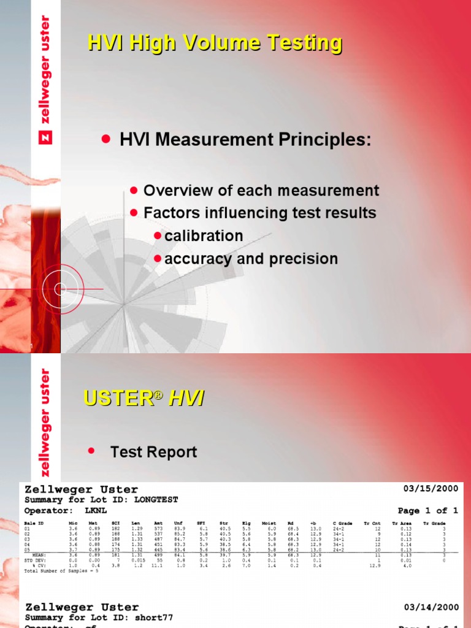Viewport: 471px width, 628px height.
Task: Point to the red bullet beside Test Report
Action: point(93,451)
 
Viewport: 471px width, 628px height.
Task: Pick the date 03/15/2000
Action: point(431,489)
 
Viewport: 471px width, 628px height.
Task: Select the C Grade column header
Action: point(342,523)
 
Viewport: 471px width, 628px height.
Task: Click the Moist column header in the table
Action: point(269,523)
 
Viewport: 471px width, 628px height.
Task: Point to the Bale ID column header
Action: point(34,523)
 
